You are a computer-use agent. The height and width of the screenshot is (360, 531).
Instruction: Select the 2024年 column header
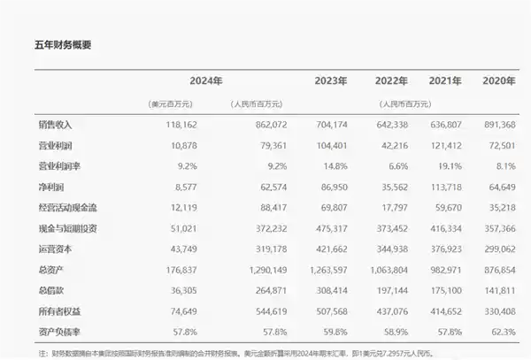coord(205,80)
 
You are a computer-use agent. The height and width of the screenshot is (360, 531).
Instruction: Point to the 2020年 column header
coord(499,80)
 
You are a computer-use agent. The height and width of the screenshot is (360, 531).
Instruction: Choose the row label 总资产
coord(30,267)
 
